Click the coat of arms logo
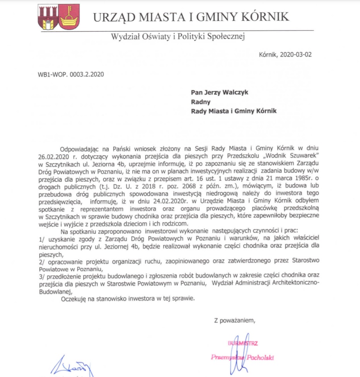click(58, 17)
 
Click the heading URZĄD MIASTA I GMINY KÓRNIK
click(191, 17)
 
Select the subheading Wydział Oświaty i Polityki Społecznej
click(178, 37)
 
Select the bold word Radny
click(200, 102)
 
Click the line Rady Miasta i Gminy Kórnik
click(234, 111)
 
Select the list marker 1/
click(42, 239)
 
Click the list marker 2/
click(42, 261)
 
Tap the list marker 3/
click(42, 276)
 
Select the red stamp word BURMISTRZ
click(243, 343)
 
